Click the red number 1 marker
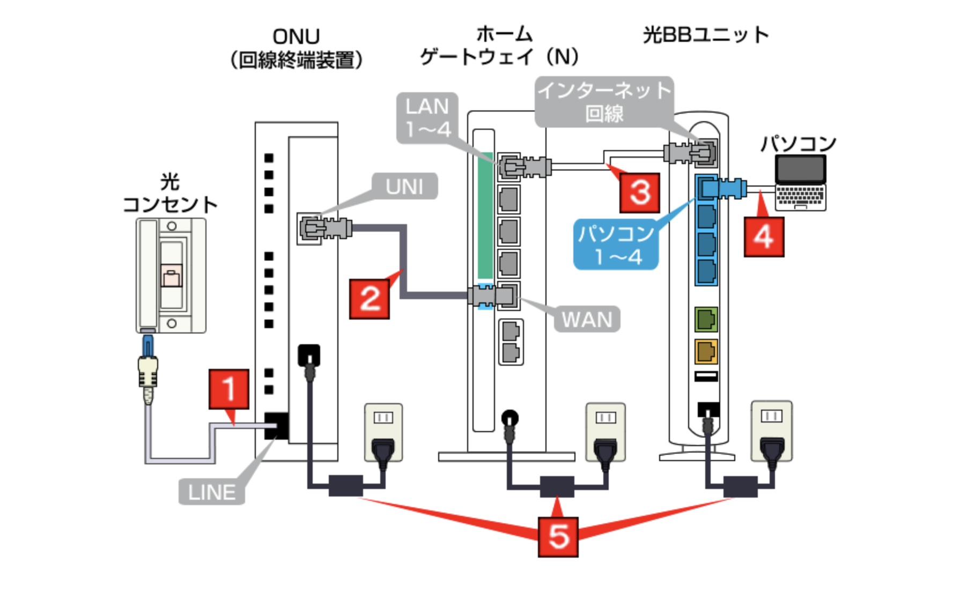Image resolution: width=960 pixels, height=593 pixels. point(229,389)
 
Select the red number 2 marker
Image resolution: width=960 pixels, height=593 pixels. point(370,299)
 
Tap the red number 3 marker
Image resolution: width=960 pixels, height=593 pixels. point(640,192)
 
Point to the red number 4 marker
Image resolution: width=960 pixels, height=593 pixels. point(764,236)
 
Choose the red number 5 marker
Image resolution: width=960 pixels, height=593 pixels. point(558,537)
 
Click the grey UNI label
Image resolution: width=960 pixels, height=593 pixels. point(404,186)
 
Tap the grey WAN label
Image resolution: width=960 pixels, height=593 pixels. point(587,320)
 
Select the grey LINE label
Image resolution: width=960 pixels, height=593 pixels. point(212,492)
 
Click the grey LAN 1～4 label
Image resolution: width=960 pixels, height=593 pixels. point(427,118)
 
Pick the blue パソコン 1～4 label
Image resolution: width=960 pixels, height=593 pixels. point(616,244)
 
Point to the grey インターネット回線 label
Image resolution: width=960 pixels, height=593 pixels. point(604,102)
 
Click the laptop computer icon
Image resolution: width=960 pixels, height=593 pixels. point(800,183)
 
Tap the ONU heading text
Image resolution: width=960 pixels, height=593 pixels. point(296,36)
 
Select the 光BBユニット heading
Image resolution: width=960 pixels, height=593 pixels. point(706,35)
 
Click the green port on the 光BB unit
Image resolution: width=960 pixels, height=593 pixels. point(706,320)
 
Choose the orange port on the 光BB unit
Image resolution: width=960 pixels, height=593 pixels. point(706,352)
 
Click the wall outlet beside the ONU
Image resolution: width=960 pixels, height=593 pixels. point(383,432)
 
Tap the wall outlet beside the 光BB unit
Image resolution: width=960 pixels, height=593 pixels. point(772,431)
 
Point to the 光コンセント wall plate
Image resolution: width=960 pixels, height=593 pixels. point(171,275)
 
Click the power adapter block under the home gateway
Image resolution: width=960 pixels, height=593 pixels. point(557,486)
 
